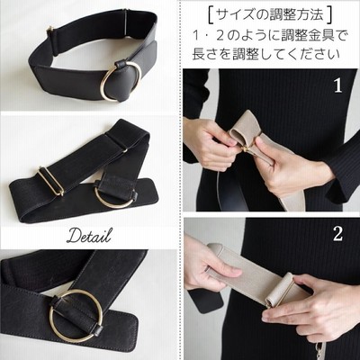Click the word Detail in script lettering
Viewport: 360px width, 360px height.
(x=89, y=236)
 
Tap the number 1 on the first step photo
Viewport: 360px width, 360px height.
(x=338, y=85)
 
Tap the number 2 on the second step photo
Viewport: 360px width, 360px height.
(x=337, y=234)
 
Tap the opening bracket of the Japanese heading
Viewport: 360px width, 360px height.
(x=211, y=15)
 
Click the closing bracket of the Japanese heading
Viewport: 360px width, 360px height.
(x=329, y=15)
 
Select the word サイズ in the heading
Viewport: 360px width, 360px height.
(x=237, y=15)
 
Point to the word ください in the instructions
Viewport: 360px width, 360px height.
(x=312, y=54)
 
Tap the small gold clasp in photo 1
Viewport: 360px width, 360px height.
(x=247, y=149)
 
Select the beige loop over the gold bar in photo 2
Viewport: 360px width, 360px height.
(x=279, y=290)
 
